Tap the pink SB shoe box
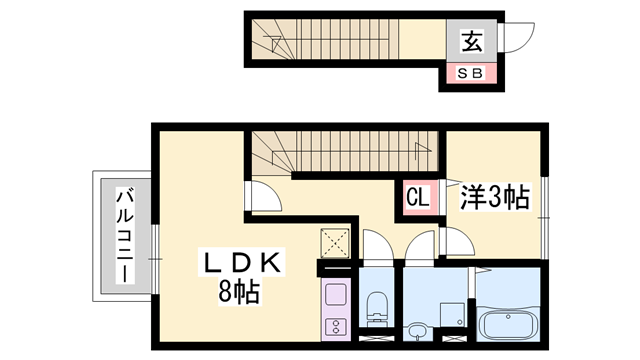point(470,73)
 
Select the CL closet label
point(417,197)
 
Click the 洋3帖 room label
point(494,197)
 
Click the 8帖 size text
point(242,293)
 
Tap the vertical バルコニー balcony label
point(126,235)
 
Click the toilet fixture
point(378,308)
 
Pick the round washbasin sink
point(419,329)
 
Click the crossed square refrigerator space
point(332,244)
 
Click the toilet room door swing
point(377,247)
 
